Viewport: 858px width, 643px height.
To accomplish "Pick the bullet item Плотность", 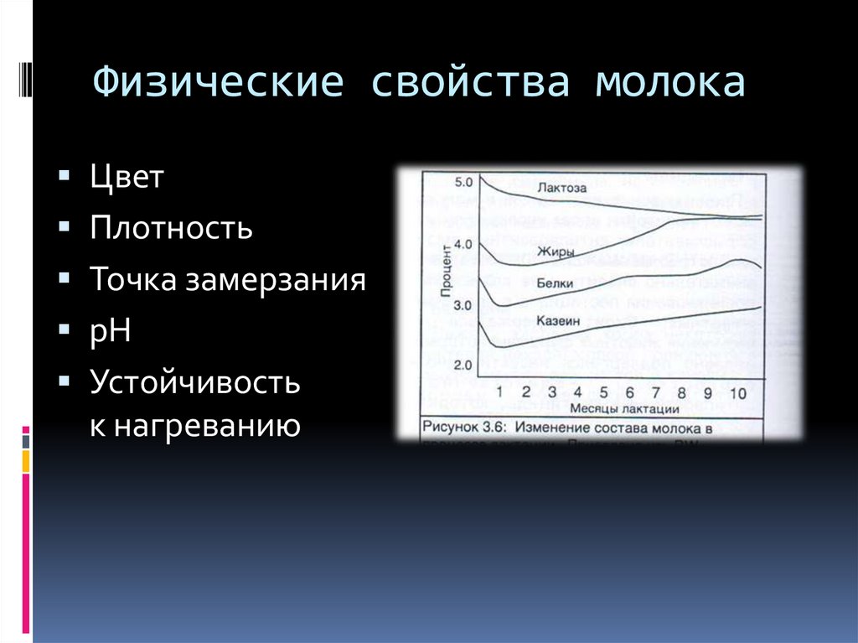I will click(172, 228).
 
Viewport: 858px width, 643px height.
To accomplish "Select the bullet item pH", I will click(111, 330).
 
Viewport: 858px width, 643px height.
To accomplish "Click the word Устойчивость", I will click(195, 383).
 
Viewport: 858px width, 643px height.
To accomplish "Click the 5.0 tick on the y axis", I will click(463, 181).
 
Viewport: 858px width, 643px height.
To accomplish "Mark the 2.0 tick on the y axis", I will click(463, 365).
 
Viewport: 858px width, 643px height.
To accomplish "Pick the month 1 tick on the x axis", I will click(500, 392).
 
